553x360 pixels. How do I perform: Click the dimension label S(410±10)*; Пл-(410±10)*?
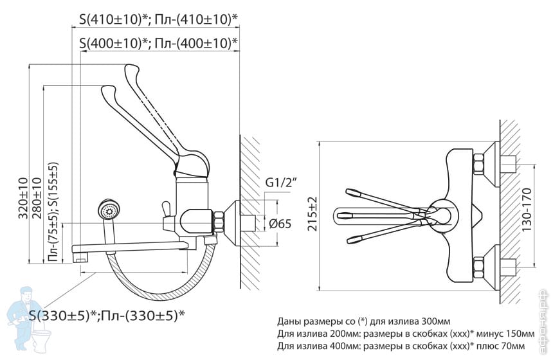158,19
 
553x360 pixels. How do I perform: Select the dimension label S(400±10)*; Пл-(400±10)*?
158,44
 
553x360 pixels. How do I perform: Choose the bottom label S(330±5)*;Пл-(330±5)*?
106,315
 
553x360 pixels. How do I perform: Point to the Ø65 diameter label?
280,224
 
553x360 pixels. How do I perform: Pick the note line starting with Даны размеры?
363,321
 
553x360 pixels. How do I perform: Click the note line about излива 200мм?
405,334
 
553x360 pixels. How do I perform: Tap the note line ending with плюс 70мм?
405,346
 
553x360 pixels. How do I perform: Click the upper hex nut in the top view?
479,164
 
